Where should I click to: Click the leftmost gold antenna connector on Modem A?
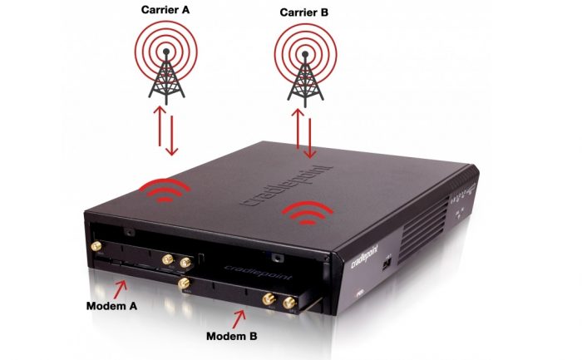[98, 247]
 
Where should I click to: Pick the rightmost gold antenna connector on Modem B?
[289, 303]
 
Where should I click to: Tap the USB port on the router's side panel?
[387, 266]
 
